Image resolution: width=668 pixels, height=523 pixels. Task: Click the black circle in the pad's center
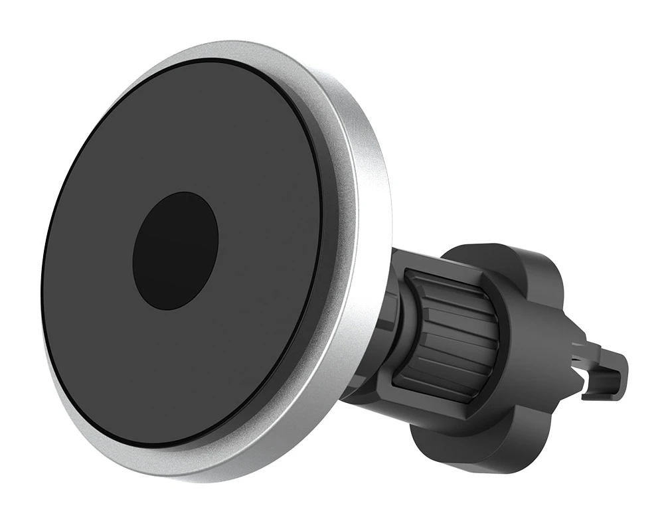(175, 251)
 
